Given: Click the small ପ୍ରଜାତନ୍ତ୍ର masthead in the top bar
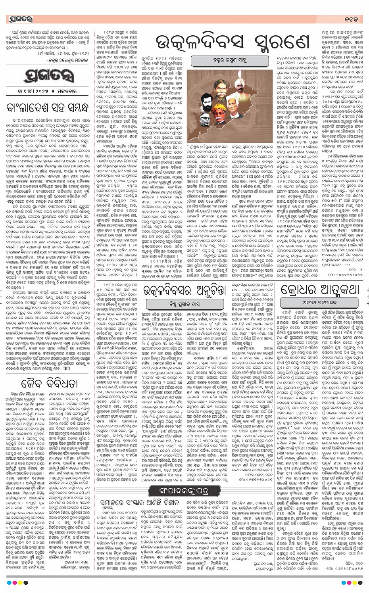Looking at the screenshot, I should click(20, 19).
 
